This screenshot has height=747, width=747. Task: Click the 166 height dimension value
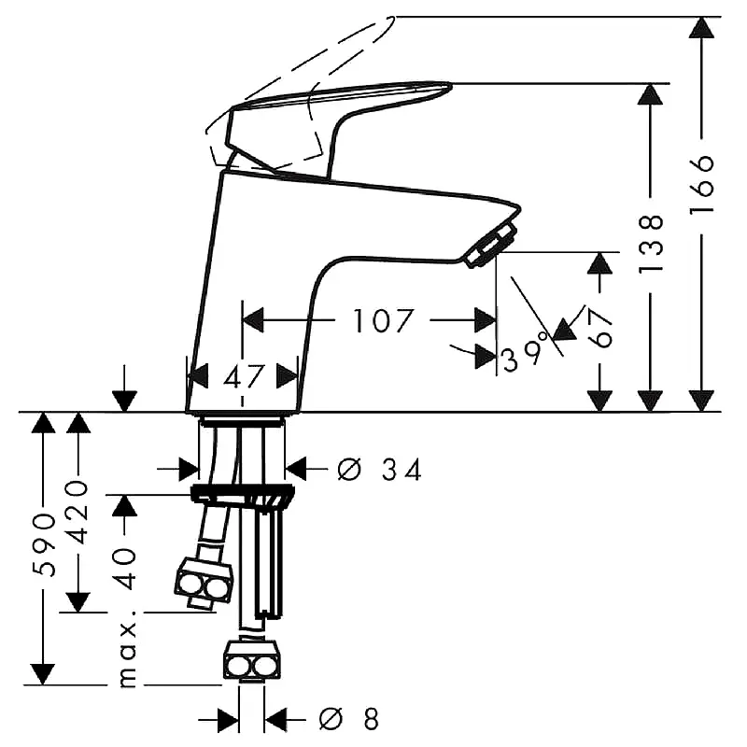(702, 183)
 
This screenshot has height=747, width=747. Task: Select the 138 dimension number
(650, 243)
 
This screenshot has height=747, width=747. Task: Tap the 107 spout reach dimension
(383, 320)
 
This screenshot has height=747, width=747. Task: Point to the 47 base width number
(243, 376)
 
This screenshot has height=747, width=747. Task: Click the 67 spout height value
(599, 329)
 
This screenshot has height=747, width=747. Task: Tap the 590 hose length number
(44, 545)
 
